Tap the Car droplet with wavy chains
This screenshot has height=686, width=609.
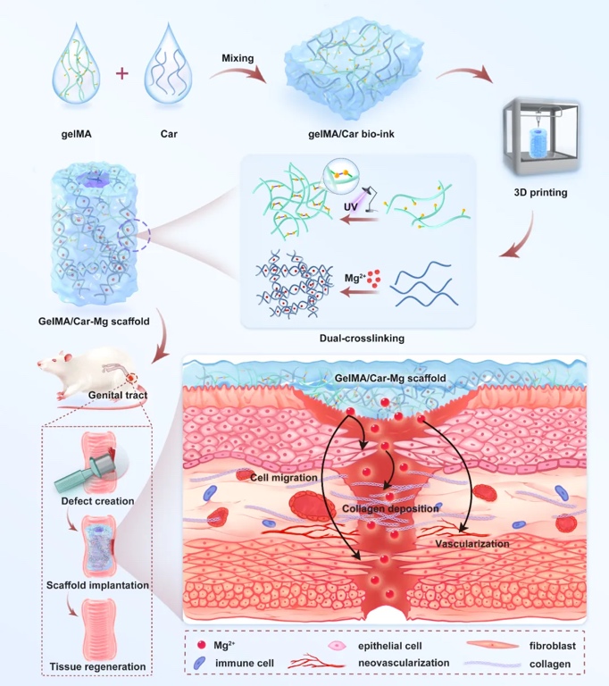[x=169, y=75]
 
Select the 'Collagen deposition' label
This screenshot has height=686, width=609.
[x=390, y=508]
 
